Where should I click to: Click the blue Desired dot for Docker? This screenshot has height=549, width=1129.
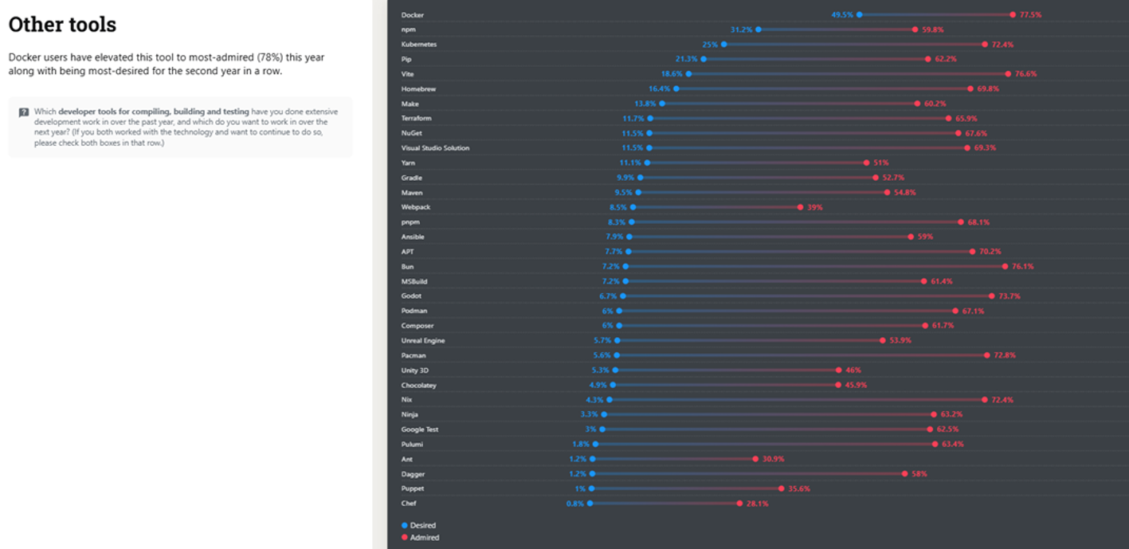pos(859,14)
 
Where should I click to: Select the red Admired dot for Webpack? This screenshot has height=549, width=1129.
pos(800,207)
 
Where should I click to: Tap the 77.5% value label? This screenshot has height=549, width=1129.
pos(1030,14)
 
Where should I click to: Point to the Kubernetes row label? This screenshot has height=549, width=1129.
pos(418,44)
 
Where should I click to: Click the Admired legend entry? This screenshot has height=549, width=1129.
pos(424,538)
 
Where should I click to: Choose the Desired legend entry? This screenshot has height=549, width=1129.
pos(422,525)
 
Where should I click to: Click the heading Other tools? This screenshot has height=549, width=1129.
pos(62,25)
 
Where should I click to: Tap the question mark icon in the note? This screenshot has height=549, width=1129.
pos(24,112)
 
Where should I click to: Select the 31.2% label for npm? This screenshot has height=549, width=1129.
pos(742,29)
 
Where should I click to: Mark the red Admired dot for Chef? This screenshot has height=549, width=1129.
pos(740,504)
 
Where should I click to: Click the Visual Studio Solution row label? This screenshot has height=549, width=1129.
pos(435,148)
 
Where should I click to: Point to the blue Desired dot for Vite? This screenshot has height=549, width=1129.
pos(688,74)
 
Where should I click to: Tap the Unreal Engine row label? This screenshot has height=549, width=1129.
pos(423,340)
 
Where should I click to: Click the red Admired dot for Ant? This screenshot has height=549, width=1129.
pos(755,459)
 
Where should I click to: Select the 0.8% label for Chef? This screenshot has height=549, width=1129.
pos(574,504)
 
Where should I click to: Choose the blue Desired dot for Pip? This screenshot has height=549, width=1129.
pos(704,59)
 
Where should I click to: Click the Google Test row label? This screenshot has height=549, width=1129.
pos(420,429)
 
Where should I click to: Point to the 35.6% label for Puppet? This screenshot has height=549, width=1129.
pos(799,488)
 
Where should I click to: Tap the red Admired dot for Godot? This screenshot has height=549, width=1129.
pos(991,296)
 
